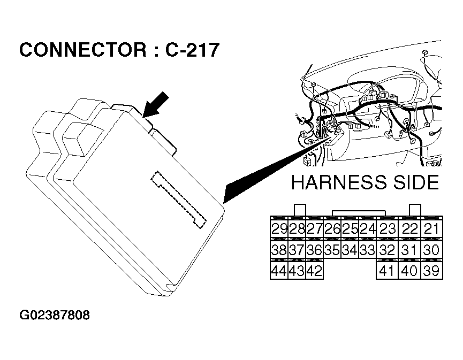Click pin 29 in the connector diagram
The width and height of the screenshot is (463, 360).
[x=279, y=229]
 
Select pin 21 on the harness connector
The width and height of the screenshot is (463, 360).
[x=431, y=229]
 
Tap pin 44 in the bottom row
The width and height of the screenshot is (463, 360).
[x=279, y=271]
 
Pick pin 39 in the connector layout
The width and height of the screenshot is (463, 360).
[x=431, y=271]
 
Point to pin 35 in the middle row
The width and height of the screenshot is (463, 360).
[x=332, y=250]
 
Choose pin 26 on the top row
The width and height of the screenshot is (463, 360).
[x=332, y=229]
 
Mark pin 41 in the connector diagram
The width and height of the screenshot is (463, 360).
[x=387, y=271]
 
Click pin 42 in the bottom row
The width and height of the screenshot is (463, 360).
[x=314, y=271]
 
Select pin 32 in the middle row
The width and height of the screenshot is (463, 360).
[x=387, y=250]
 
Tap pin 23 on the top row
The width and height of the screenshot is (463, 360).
[x=387, y=229]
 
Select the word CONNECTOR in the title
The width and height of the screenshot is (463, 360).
[x=81, y=50]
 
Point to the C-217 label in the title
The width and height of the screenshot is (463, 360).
[x=192, y=50]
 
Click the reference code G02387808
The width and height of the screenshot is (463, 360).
[x=55, y=315]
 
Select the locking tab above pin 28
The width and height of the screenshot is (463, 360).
[x=300, y=210]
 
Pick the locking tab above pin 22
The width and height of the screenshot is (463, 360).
[x=414, y=210]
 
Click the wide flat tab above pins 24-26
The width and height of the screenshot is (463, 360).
[x=353, y=213]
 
